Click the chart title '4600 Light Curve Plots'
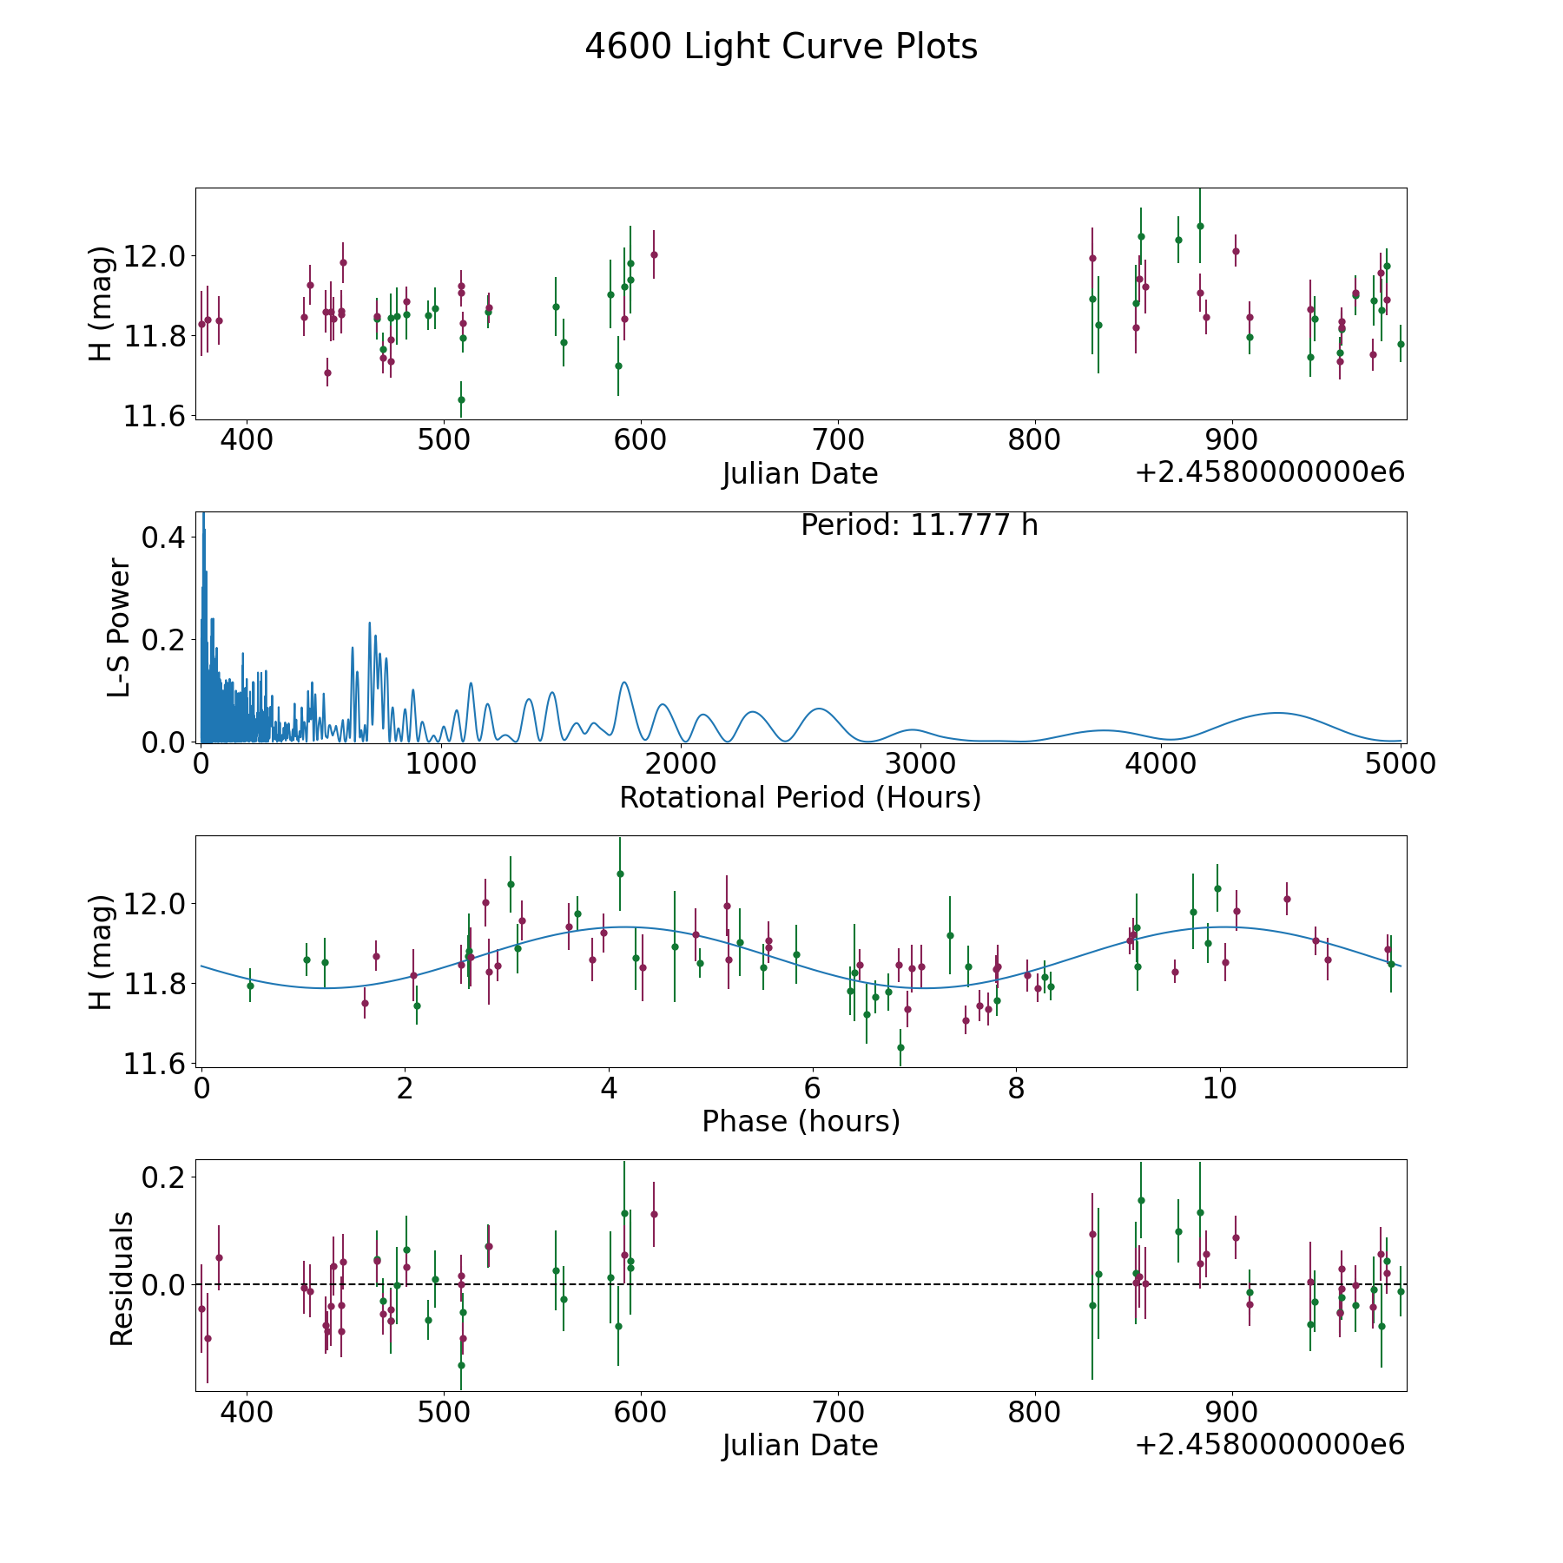[781, 47]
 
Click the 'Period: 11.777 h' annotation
[919, 525]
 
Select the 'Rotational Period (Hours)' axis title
[800, 797]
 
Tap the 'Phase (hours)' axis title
[801, 1121]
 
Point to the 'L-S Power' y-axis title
[119, 628]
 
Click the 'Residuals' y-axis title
[122, 1278]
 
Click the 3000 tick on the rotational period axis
[920, 764]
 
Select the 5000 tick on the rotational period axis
[1399, 764]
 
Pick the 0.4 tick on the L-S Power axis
[162, 537]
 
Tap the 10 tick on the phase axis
[1220, 1088]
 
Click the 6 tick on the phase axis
[812, 1088]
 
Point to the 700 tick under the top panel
[838, 440]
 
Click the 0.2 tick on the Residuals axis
[162, 1177]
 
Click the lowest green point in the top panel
[461, 399]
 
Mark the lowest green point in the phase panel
[900, 1047]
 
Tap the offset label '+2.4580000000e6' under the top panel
[1270, 472]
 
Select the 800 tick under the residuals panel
[1035, 1412]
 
